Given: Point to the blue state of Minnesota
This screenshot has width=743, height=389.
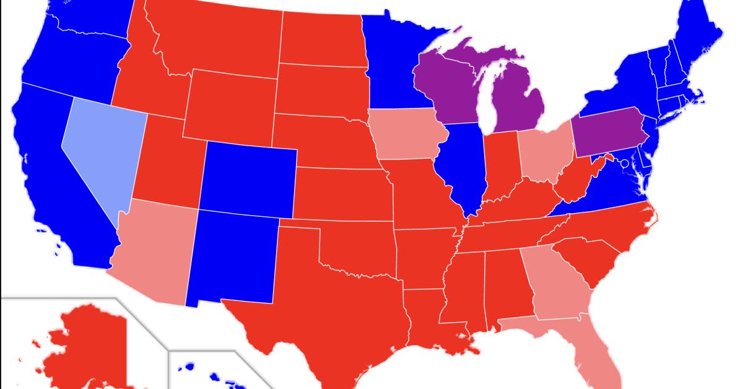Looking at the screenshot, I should [x=393, y=62].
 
